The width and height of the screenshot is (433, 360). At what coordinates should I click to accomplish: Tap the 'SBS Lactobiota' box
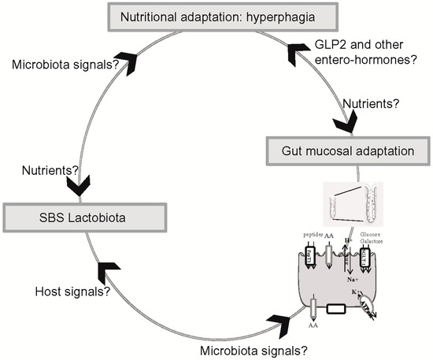point(86,216)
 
